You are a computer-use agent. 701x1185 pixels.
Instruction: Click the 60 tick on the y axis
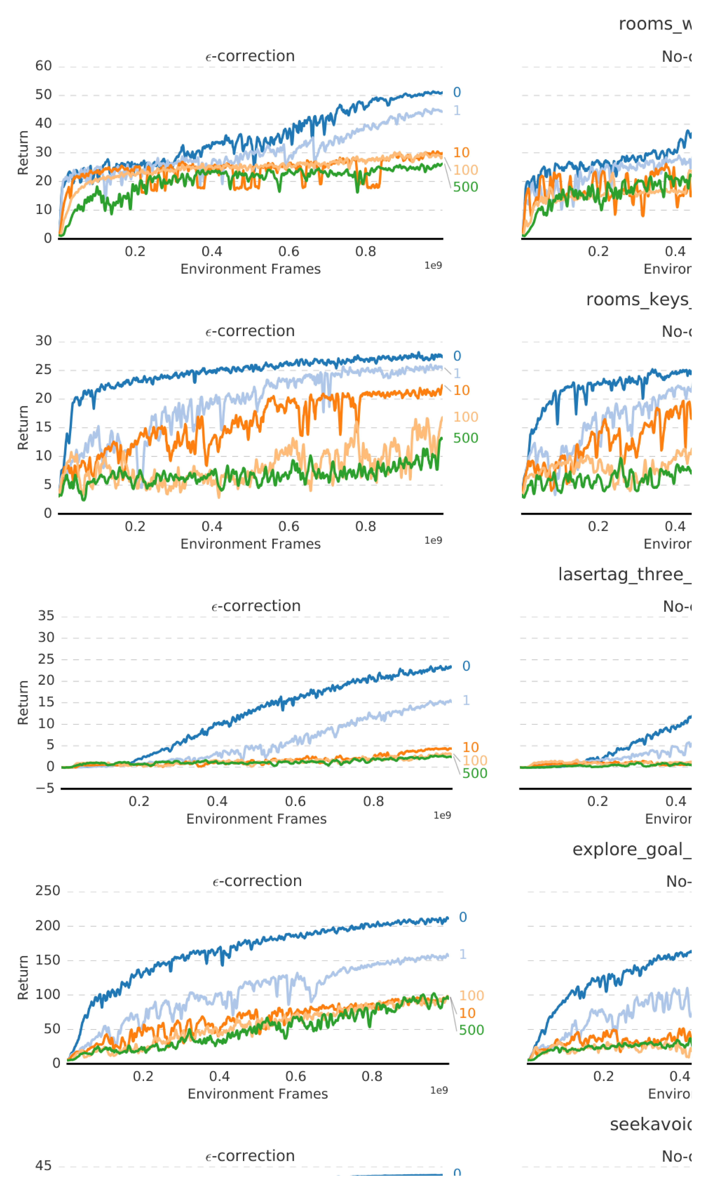(x=43, y=66)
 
